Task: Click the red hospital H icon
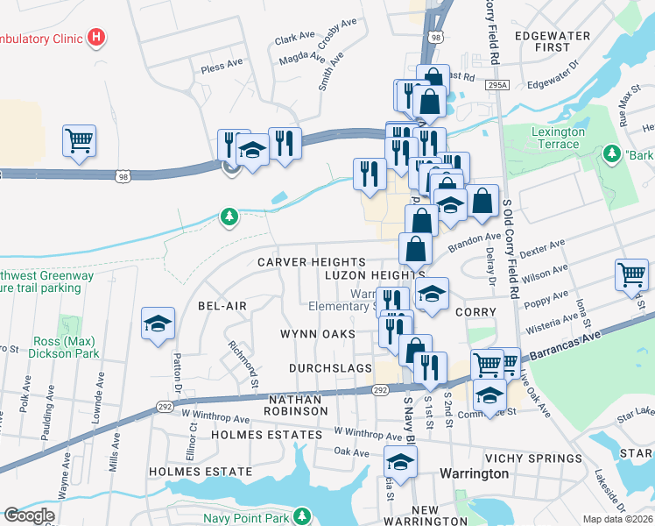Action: pyautogui.click(x=97, y=39)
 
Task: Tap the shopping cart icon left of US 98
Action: pyautogui.click(x=79, y=140)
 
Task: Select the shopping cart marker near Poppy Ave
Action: pyautogui.click(x=631, y=274)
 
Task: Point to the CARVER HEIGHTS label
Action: pyautogui.click(x=311, y=262)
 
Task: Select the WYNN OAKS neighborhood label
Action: pyautogui.click(x=317, y=334)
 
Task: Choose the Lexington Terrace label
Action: pyautogui.click(x=558, y=138)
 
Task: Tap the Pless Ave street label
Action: pyautogui.click(x=222, y=66)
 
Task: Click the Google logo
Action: pyautogui.click(x=29, y=515)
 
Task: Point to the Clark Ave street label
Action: pyautogui.click(x=293, y=39)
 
